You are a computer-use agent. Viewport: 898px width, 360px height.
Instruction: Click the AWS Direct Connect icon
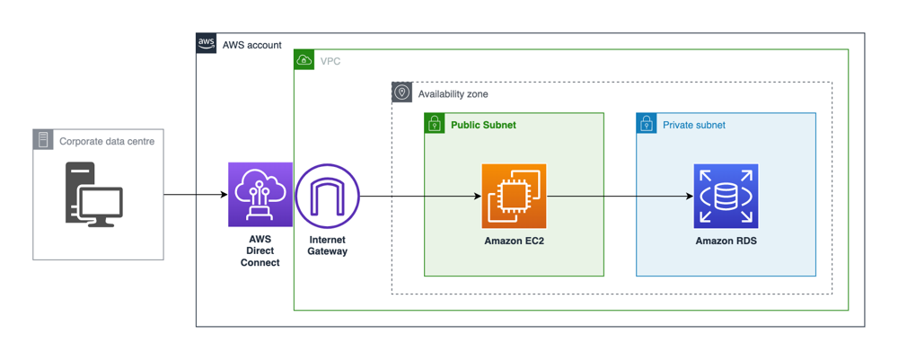point(260,195)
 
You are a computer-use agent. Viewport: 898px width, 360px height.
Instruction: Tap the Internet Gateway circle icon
point(327,196)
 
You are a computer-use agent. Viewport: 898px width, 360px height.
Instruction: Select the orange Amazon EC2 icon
point(514,196)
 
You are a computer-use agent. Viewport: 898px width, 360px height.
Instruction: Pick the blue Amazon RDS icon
point(726,196)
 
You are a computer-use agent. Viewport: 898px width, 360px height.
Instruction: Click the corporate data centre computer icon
point(93,194)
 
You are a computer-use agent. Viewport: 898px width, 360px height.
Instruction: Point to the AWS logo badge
point(207,43)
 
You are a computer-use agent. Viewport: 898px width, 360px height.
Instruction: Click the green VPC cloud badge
point(304,60)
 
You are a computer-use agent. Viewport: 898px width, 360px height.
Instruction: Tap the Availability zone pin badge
point(402,92)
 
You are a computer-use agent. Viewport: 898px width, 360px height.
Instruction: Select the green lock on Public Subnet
point(435,123)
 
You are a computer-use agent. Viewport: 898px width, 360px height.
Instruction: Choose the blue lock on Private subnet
point(647,123)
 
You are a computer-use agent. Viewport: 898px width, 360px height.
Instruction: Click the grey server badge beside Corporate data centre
point(43,140)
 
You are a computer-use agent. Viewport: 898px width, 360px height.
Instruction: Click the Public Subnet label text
point(483,124)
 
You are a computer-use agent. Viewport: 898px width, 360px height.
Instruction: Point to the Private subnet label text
point(694,125)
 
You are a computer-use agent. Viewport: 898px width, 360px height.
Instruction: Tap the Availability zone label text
point(453,94)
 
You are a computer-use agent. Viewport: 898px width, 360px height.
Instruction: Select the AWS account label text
point(252,45)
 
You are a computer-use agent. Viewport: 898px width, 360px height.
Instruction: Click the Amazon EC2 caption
point(515,241)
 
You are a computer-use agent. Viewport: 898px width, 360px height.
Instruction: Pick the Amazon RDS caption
point(726,241)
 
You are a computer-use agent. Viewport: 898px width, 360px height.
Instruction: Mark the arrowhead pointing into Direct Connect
point(224,195)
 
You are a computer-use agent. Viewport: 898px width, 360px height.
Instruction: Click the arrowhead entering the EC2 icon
point(478,197)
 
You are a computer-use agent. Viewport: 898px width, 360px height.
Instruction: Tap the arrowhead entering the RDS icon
point(690,197)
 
